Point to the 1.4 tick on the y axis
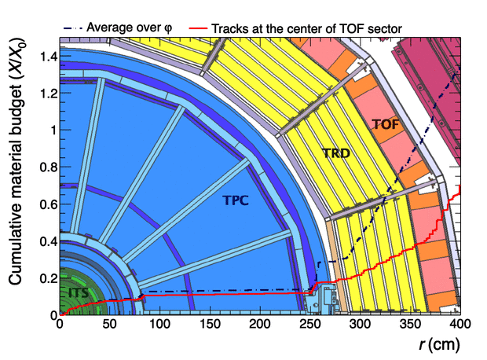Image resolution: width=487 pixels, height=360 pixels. click(46, 56)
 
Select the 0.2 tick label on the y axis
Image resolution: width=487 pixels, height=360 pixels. click(46, 277)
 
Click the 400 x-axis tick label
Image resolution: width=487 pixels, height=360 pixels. click(460, 324)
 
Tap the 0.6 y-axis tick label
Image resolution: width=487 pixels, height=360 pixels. click(46, 204)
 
